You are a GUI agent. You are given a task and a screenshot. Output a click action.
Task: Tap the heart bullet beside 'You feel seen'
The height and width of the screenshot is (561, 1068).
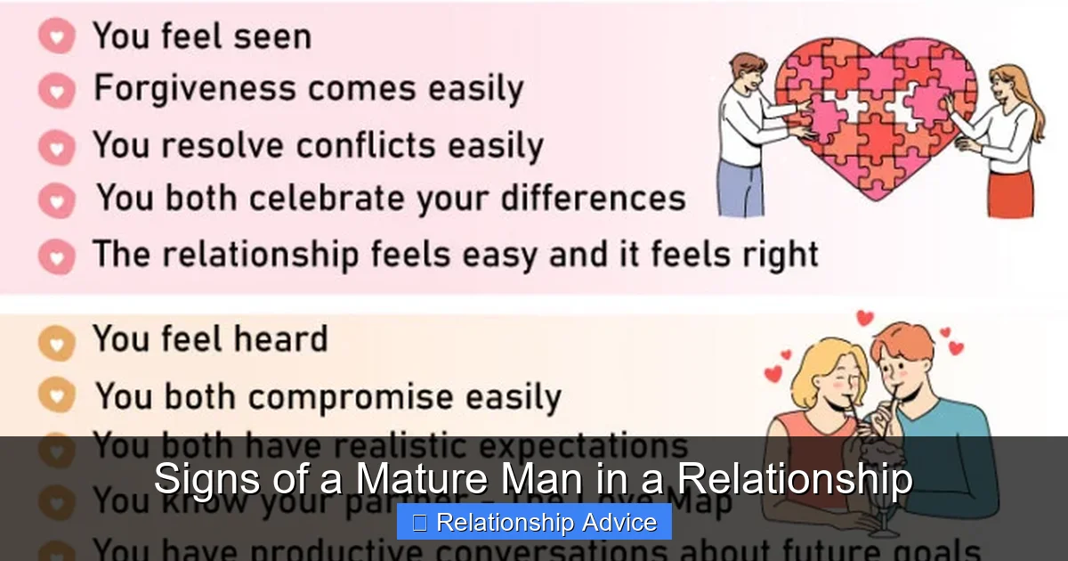(57, 37)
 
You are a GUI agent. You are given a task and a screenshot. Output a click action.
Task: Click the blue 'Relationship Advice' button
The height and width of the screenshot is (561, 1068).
(534, 523)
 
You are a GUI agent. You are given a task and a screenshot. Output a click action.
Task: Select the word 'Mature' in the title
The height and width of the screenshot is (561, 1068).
(418, 480)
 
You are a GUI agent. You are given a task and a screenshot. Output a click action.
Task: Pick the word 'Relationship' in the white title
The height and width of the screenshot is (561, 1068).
(794, 480)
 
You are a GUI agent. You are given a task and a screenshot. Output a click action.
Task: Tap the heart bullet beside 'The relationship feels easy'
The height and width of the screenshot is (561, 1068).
(57, 257)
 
